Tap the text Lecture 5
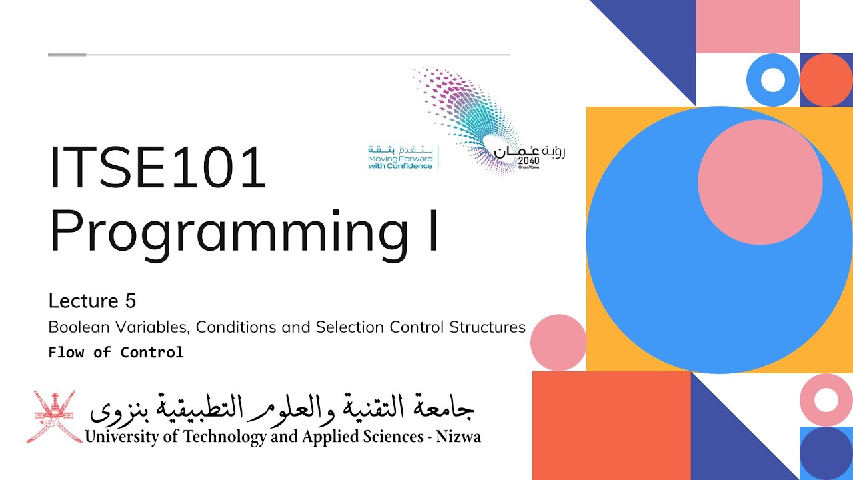tap(92, 301)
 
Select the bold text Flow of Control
tap(115, 352)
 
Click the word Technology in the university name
tap(213, 437)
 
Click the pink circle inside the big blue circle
tap(760, 182)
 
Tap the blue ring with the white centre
tap(773, 80)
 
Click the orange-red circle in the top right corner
tap(826, 80)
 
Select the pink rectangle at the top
tap(747, 27)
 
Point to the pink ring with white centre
tap(826, 400)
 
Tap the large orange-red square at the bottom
tap(611, 425)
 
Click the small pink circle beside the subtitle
tap(558, 343)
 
